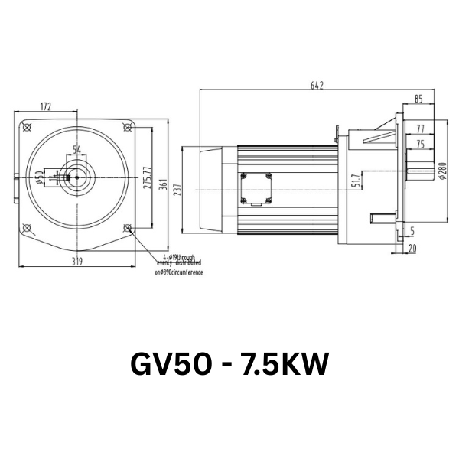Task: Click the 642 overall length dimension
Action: point(317,85)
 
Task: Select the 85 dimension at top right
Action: point(418,99)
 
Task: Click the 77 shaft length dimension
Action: point(421,129)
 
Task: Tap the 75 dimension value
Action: point(420,143)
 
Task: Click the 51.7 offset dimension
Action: point(356,181)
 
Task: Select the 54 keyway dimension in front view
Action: point(77,149)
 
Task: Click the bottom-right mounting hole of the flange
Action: point(127,228)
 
